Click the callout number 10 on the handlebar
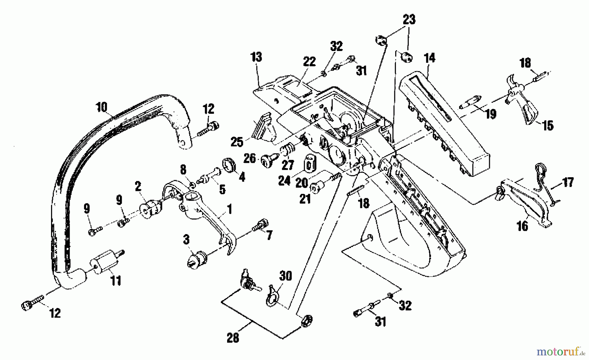click(102, 107)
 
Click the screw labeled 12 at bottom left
click(32, 305)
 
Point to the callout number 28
click(233, 337)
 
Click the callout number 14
click(429, 58)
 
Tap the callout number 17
click(568, 182)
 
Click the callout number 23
click(409, 19)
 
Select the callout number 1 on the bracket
click(229, 209)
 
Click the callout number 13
click(256, 57)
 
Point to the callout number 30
click(285, 276)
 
